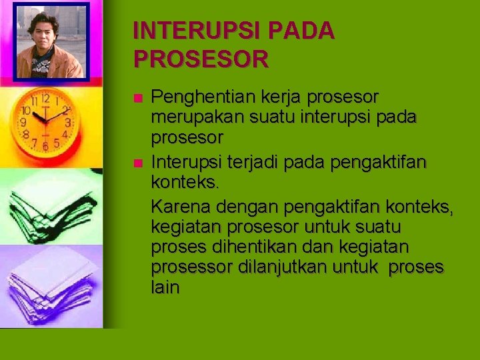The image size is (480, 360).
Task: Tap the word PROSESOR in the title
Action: [201, 60]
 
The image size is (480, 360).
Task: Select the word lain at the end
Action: [165, 288]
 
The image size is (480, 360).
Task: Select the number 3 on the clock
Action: [69, 123]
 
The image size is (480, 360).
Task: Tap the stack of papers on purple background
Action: [51, 283]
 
